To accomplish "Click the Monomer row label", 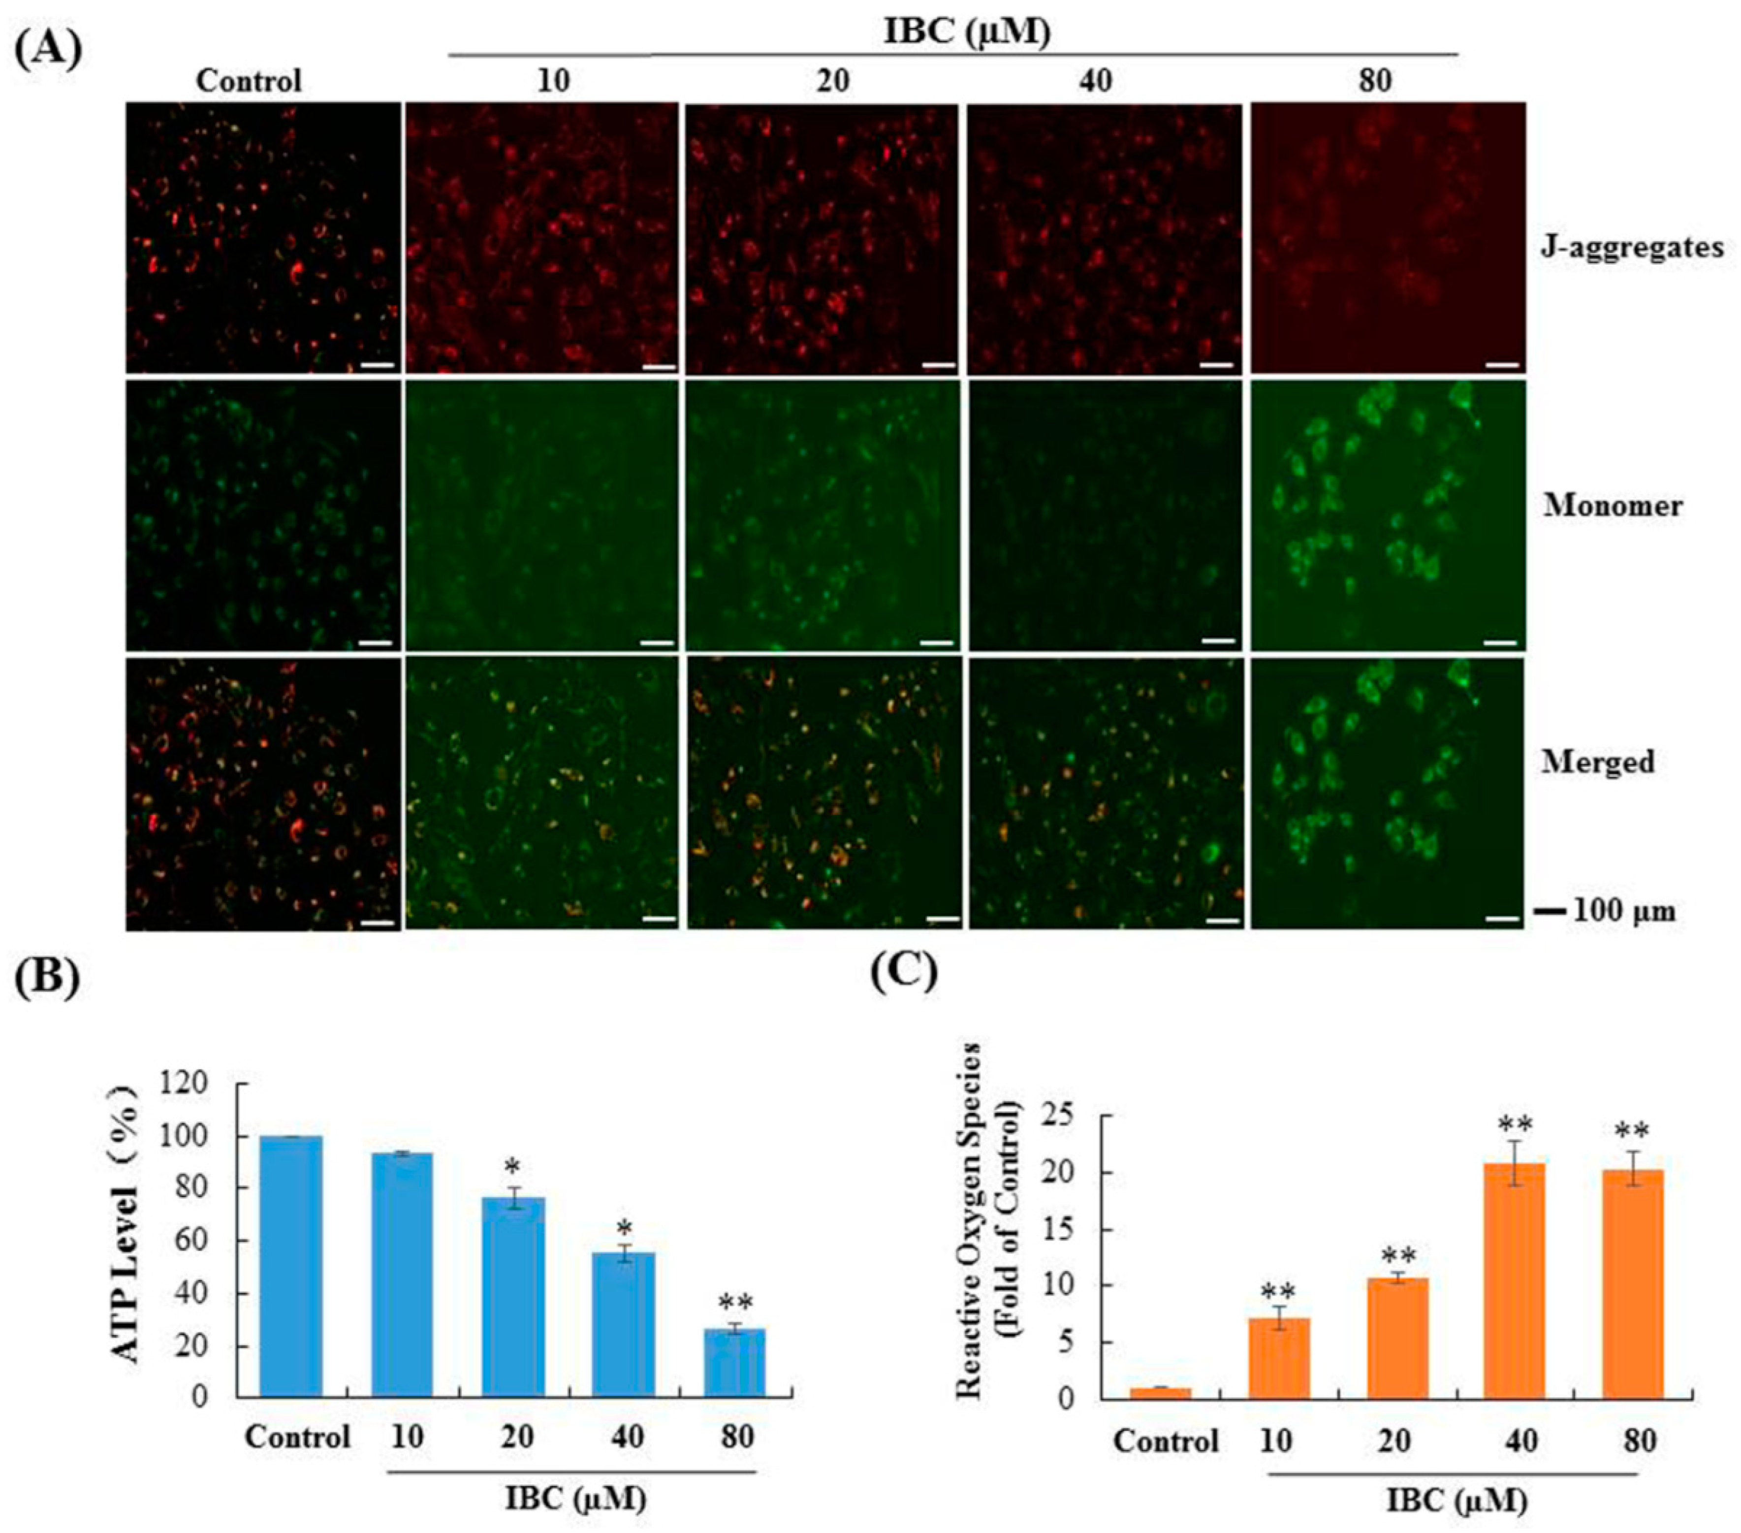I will (1613, 506).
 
